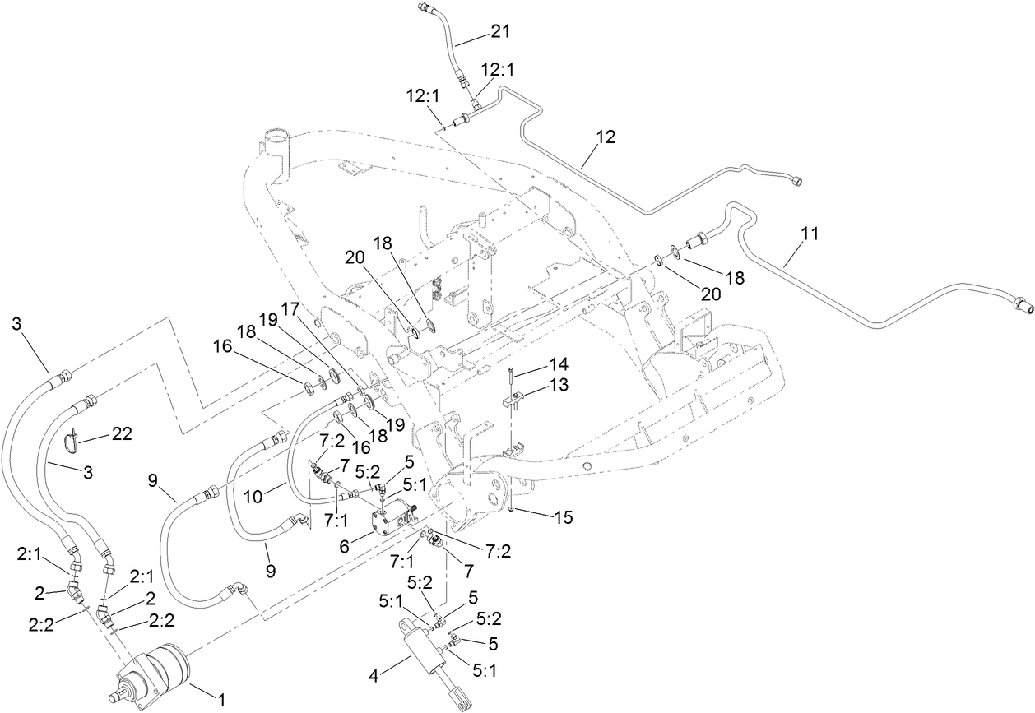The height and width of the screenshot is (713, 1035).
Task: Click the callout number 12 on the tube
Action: (x=606, y=137)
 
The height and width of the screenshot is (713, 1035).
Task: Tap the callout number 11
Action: (x=810, y=234)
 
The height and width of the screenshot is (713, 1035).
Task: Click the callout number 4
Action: (x=374, y=677)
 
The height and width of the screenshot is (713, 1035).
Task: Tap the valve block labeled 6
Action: (x=392, y=520)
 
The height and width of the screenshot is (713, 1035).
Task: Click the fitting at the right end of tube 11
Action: (x=1021, y=306)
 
